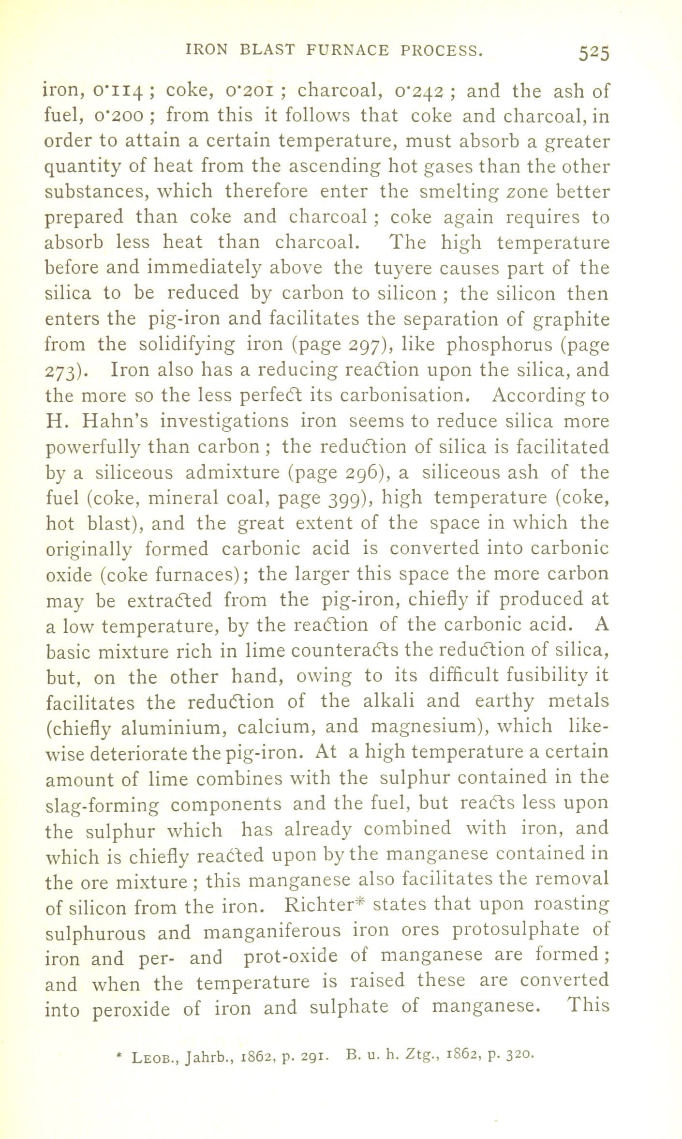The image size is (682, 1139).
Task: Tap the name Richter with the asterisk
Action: (x=323, y=904)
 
